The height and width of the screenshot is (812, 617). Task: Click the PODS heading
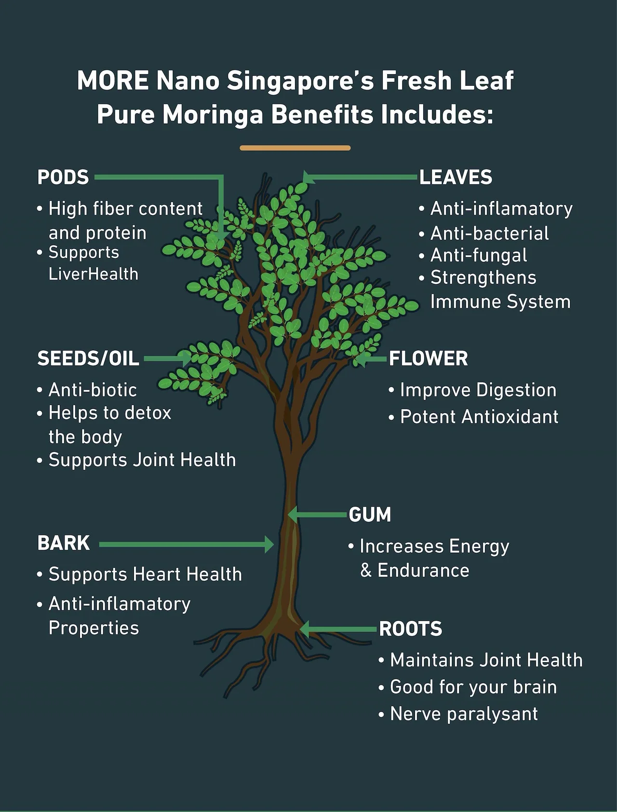(x=63, y=177)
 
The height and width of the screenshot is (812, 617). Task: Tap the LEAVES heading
(x=456, y=177)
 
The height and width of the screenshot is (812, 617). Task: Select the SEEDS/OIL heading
(x=88, y=358)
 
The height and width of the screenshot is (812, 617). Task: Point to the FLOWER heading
(x=428, y=358)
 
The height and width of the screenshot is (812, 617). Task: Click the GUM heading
(x=370, y=515)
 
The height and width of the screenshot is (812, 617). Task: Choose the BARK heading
(x=64, y=543)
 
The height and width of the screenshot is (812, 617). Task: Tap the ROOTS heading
(x=410, y=629)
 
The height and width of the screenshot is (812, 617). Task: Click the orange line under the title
(x=295, y=148)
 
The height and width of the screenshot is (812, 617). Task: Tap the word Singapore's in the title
(x=300, y=80)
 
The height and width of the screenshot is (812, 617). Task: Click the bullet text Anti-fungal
(x=479, y=255)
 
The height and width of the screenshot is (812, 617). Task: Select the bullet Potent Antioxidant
(x=479, y=417)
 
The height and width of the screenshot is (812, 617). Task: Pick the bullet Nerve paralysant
(x=464, y=714)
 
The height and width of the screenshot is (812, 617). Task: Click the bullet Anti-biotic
(x=93, y=390)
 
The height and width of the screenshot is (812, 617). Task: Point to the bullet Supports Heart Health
(x=145, y=574)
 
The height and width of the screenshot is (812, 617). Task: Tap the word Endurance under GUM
(x=423, y=570)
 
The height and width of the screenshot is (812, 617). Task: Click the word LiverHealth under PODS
(x=94, y=274)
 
